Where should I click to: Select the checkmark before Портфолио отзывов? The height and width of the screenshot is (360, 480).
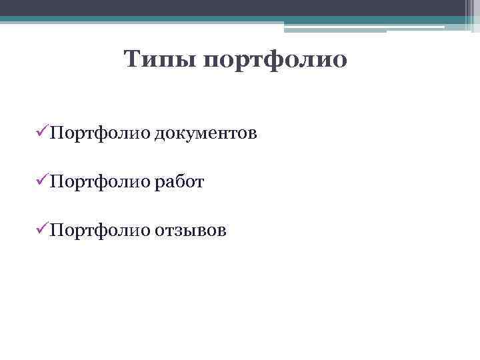41,230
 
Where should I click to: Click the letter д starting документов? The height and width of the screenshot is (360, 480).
161,135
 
